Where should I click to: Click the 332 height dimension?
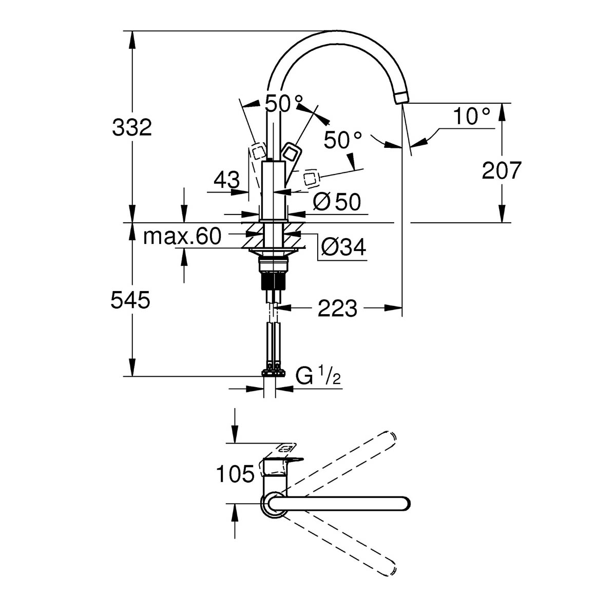pyautogui.click(x=132, y=127)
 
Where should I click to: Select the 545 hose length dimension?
pyautogui.click(x=130, y=300)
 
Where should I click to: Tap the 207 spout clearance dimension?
pyautogui.click(x=502, y=170)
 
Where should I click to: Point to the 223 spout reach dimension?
pyautogui.click(x=337, y=309)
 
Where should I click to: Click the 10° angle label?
pyautogui.click(x=471, y=116)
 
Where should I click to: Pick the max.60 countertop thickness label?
pyautogui.click(x=182, y=237)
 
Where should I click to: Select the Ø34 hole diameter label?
pyautogui.click(x=343, y=248)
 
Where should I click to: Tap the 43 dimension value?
pyautogui.click(x=226, y=180)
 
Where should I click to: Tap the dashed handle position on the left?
pyautogui.click(x=257, y=151)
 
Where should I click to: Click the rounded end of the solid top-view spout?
pyautogui.click(x=403, y=504)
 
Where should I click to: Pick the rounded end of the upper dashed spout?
pyautogui.click(x=389, y=436)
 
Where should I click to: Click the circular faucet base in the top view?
pyautogui.click(x=271, y=504)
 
